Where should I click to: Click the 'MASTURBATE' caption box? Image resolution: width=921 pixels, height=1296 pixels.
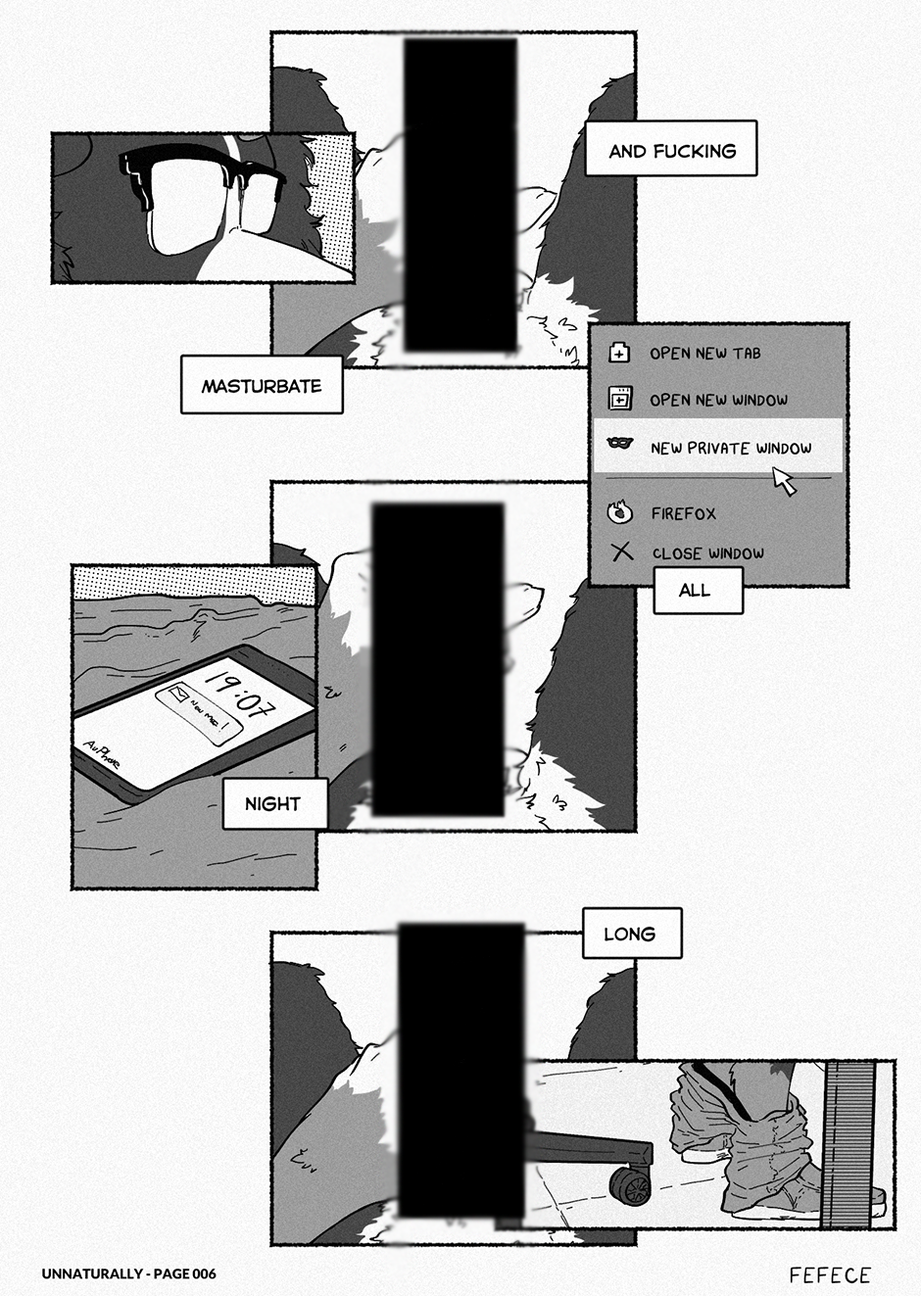tap(262, 385)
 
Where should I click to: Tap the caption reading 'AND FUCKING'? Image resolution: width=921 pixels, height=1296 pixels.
tap(671, 150)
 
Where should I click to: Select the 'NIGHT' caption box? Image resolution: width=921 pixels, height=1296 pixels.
tap(272, 803)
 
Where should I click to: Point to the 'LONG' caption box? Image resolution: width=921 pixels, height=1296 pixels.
tap(630, 934)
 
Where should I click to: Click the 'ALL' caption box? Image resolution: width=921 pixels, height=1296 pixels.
tap(695, 590)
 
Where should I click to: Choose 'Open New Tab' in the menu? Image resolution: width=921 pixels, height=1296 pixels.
tap(704, 353)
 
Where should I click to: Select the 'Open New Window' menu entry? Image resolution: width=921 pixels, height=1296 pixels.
tap(718, 400)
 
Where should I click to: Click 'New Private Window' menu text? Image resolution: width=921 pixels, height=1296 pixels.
tap(731, 448)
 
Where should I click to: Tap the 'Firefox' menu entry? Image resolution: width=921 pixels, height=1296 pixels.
tap(683, 512)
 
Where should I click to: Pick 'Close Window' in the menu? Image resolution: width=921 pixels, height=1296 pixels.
tap(707, 553)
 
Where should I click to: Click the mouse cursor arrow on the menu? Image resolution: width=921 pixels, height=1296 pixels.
tap(783, 479)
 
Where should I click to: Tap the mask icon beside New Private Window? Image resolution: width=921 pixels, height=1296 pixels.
tap(619, 445)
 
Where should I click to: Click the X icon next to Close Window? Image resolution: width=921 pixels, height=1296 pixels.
tap(622, 552)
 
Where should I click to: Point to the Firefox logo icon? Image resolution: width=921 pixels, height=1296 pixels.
tap(620, 511)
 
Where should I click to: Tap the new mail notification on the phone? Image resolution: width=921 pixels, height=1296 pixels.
tap(199, 712)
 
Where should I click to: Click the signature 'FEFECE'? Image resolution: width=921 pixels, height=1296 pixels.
tap(830, 1274)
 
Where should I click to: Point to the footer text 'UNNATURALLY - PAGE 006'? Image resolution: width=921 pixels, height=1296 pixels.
tap(128, 1273)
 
